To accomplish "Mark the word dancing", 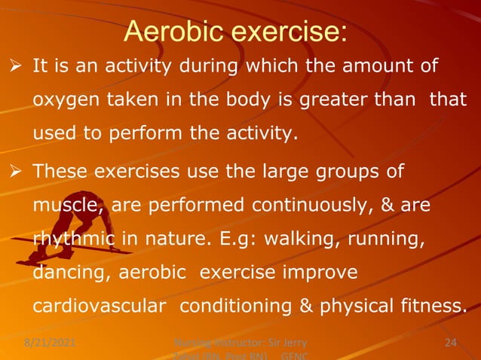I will click(70, 273).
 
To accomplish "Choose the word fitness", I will click(433, 307).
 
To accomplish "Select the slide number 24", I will click(451, 343).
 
